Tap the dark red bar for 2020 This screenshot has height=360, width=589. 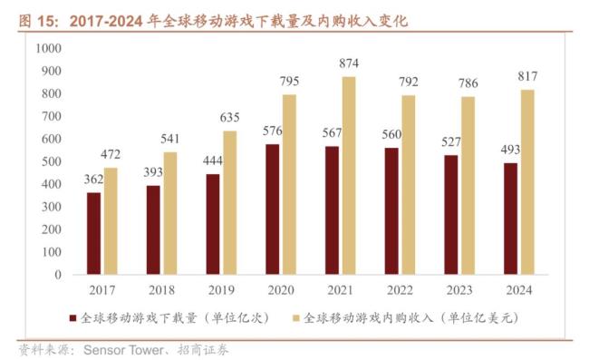[x=272, y=209]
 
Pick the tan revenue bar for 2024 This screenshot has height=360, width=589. [x=527, y=181]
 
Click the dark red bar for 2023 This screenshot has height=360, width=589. [x=450, y=214]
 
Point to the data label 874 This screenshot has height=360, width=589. [x=350, y=63]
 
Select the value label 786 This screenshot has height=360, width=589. [x=468, y=83]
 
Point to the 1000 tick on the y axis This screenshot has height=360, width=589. [x=47, y=48]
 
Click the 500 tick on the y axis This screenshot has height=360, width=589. [x=51, y=161]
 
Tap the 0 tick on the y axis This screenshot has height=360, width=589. [x=58, y=275]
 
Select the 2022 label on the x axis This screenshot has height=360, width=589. [x=400, y=290]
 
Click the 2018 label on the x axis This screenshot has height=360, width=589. [x=161, y=290]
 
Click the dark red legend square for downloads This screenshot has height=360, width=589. [x=72, y=318]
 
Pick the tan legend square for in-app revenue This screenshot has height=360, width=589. [x=294, y=318]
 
